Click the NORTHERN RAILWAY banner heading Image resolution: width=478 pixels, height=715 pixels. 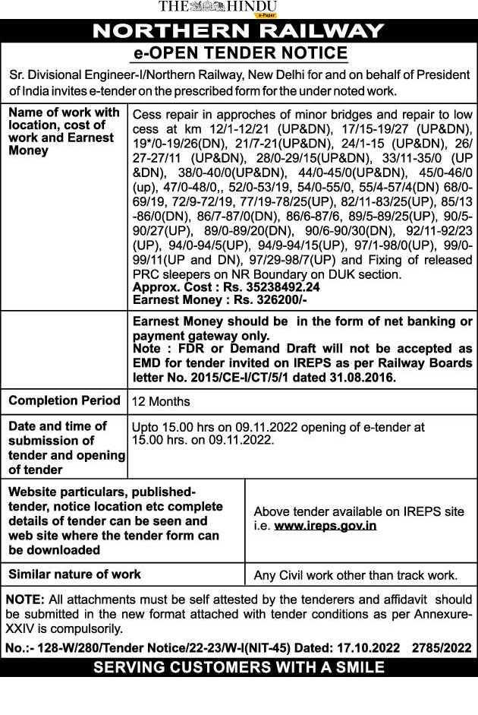tap(238, 31)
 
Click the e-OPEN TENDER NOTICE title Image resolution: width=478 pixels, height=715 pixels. tap(240, 53)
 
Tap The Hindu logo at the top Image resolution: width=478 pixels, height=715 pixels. tap(217, 7)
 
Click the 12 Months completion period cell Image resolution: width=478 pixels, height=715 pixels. tap(161, 401)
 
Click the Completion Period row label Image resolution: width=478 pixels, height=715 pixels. tap(64, 400)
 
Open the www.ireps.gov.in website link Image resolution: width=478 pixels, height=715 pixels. tap(325, 525)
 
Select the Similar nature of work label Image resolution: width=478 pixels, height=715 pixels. tap(74, 574)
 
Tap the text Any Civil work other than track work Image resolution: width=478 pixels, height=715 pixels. tap(355, 575)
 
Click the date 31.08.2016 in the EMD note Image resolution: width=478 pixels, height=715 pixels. tap(367, 376)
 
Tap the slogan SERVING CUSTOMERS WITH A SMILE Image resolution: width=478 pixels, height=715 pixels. tap(238, 668)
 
